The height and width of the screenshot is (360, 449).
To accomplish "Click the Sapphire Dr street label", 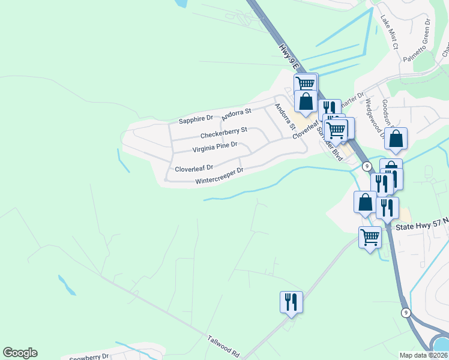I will pos(196,120).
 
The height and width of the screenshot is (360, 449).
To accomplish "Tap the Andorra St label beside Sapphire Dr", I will pos(236,113).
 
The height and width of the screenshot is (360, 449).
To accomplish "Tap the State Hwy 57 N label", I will pos(420,226).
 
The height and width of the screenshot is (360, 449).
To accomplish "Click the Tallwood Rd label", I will pos(223,346).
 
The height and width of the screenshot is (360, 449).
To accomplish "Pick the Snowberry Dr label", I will pos(88,358).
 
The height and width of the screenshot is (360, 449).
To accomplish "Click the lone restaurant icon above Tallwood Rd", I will pos(291,302).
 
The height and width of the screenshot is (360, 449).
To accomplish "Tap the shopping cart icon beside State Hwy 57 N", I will pos(370,237).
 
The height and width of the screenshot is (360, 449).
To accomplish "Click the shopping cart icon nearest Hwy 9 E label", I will pos(305,83).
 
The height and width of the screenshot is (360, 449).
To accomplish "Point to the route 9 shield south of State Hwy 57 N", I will pos(406,312).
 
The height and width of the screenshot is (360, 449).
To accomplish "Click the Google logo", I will pos(20,353).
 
